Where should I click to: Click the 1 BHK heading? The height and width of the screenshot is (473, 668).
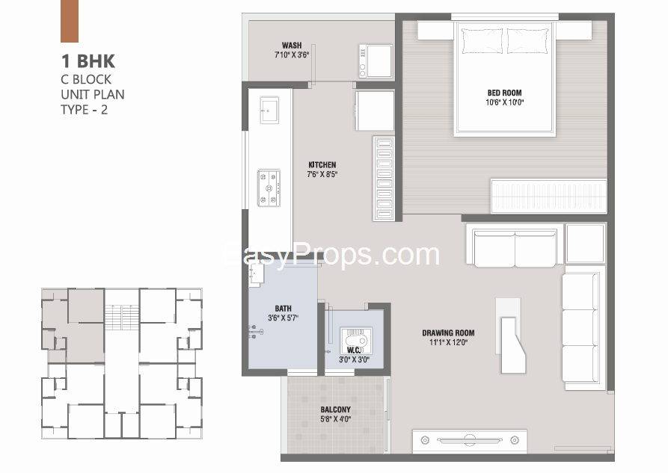click(x=88, y=61)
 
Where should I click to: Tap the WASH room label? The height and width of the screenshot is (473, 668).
click(x=292, y=45)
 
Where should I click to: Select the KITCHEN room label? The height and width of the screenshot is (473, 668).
click(x=322, y=164)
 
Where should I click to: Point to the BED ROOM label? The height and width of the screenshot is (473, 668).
click(x=504, y=93)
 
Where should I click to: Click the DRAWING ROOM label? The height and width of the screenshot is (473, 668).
click(x=448, y=333)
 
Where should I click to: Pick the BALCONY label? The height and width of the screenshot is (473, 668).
click(x=336, y=409)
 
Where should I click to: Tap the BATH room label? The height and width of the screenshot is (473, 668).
click(x=284, y=309)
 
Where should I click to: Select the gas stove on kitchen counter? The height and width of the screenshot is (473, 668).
click(x=269, y=188)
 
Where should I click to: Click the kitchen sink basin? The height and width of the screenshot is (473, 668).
click(x=269, y=111)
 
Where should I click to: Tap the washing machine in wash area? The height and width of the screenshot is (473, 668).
click(x=376, y=61)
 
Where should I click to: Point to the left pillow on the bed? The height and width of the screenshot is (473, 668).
click(x=482, y=41)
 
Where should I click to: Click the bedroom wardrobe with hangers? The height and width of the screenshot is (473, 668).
click(x=549, y=197)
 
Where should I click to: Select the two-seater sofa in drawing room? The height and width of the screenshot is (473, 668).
click(x=515, y=246)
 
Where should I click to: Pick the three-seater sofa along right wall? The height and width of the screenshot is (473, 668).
click(x=583, y=328)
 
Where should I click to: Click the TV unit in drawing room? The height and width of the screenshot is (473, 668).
click(x=470, y=441)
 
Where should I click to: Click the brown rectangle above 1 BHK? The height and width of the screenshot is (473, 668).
click(x=70, y=21)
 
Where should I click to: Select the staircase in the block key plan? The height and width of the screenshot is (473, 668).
click(x=122, y=317)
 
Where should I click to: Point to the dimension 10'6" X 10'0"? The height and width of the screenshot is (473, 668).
click(x=504, y=102)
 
